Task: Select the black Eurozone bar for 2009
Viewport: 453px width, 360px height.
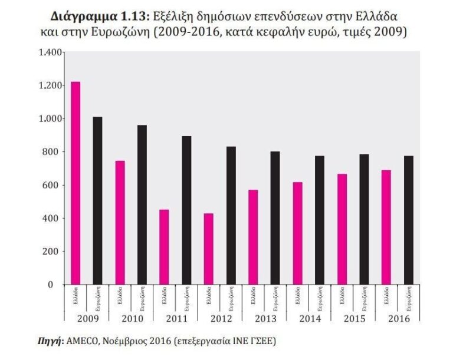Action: click(x=97, y=200)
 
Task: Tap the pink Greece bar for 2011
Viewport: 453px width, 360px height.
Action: click(x=164, y=247)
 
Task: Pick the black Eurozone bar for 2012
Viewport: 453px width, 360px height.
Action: click(x=231, y=215)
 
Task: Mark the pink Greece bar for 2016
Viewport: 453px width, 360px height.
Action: click(x=386, y=227)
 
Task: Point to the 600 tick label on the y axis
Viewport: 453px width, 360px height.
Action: click(x=54, y=185)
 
